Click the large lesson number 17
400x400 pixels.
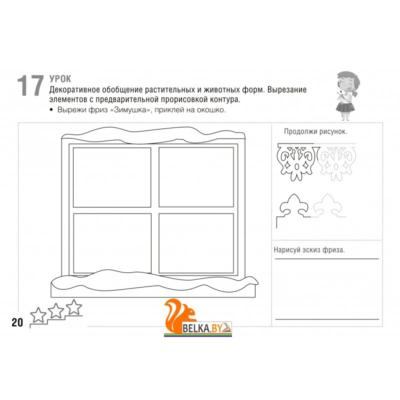coord(30,85)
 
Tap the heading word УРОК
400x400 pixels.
coord(60,79)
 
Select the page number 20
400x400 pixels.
coord(17,322)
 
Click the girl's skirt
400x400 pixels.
coord(345,106)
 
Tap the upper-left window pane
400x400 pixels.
coord(112,177)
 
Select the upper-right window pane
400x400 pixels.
coord(196,177)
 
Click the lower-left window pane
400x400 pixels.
coord(112,243)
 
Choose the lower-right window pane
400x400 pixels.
coord(196,243)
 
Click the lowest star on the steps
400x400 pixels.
coord(38,315)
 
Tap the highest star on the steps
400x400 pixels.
coord(74,307)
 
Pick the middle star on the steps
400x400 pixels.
coord(56,310)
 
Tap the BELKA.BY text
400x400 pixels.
coord(202,328)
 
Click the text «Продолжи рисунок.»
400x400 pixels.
coord(315,131)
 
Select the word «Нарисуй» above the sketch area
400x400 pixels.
coord(286,249)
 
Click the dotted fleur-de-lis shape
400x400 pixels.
coord(328,206)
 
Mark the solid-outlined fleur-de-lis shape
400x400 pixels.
coord(294,206)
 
